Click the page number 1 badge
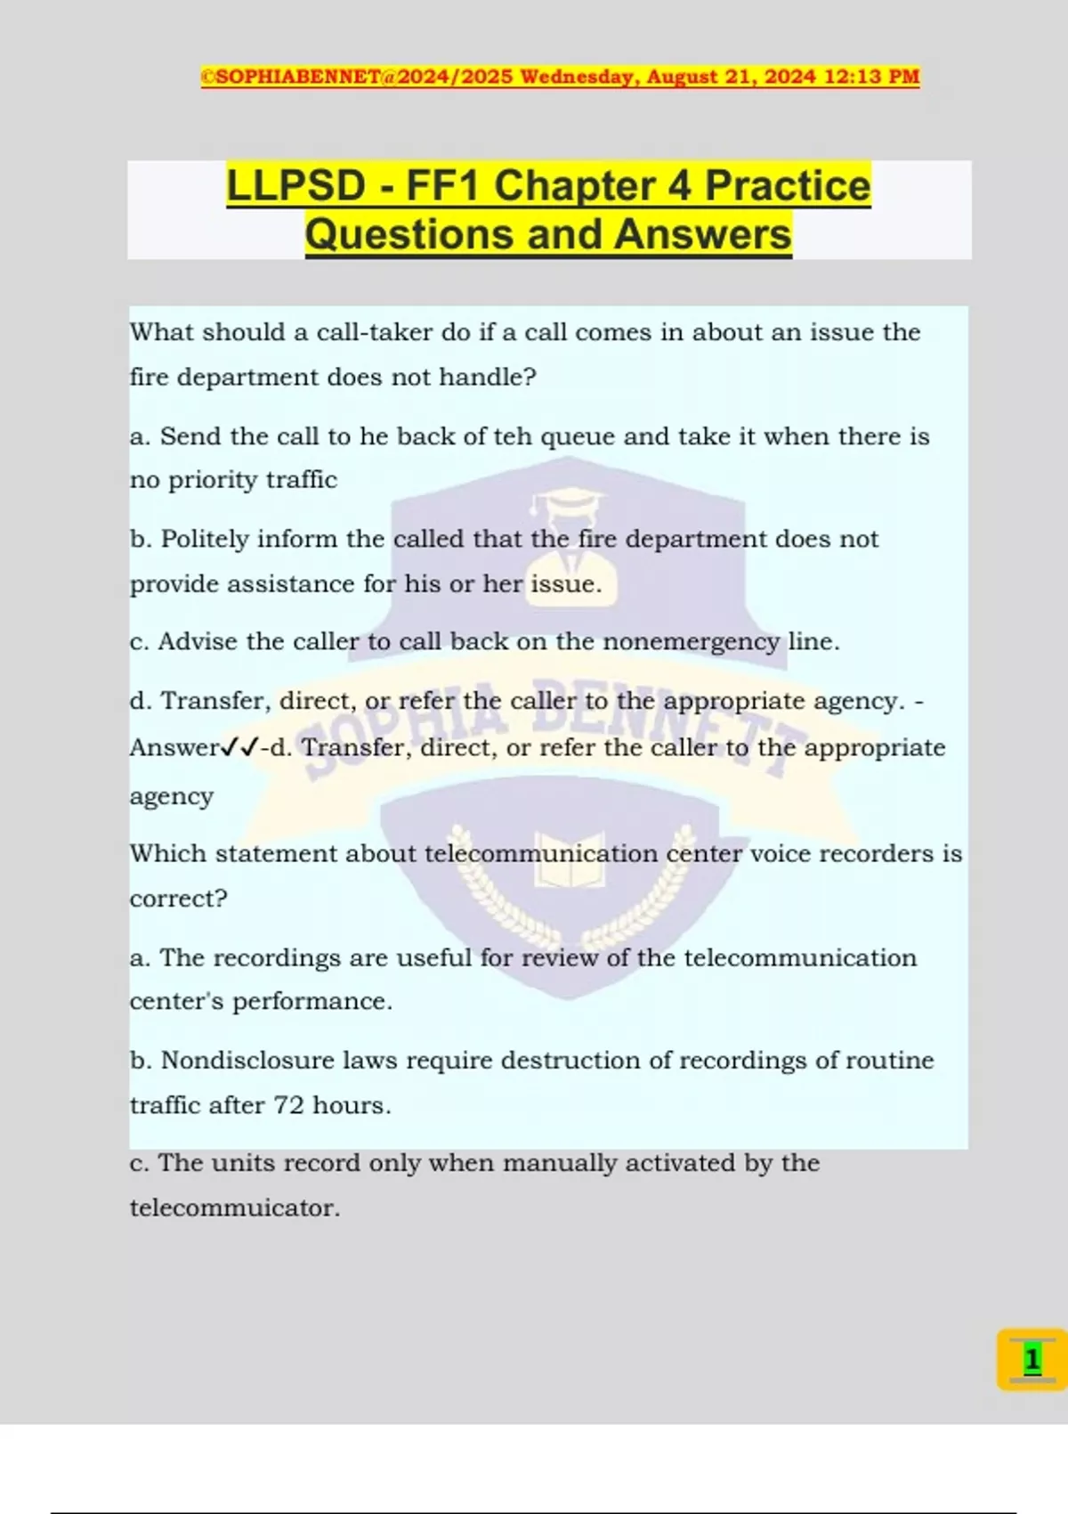1032,1360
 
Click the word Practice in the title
788,186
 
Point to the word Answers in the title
702,234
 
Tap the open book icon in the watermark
570,860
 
